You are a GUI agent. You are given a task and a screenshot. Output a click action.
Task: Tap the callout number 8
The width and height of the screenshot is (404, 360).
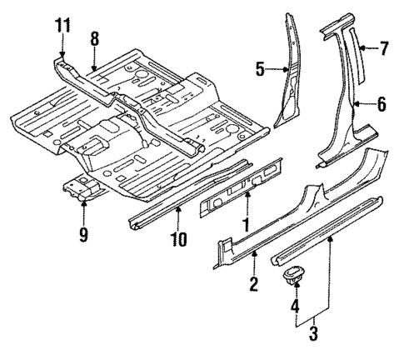(x=94, y=37)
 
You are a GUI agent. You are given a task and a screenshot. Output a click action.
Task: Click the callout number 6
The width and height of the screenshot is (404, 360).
(x=382, y=104)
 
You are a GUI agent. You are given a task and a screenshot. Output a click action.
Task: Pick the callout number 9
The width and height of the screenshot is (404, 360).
(x=83, y=235)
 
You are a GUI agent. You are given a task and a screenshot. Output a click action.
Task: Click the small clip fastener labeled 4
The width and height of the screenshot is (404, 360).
(x=294, y=277)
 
